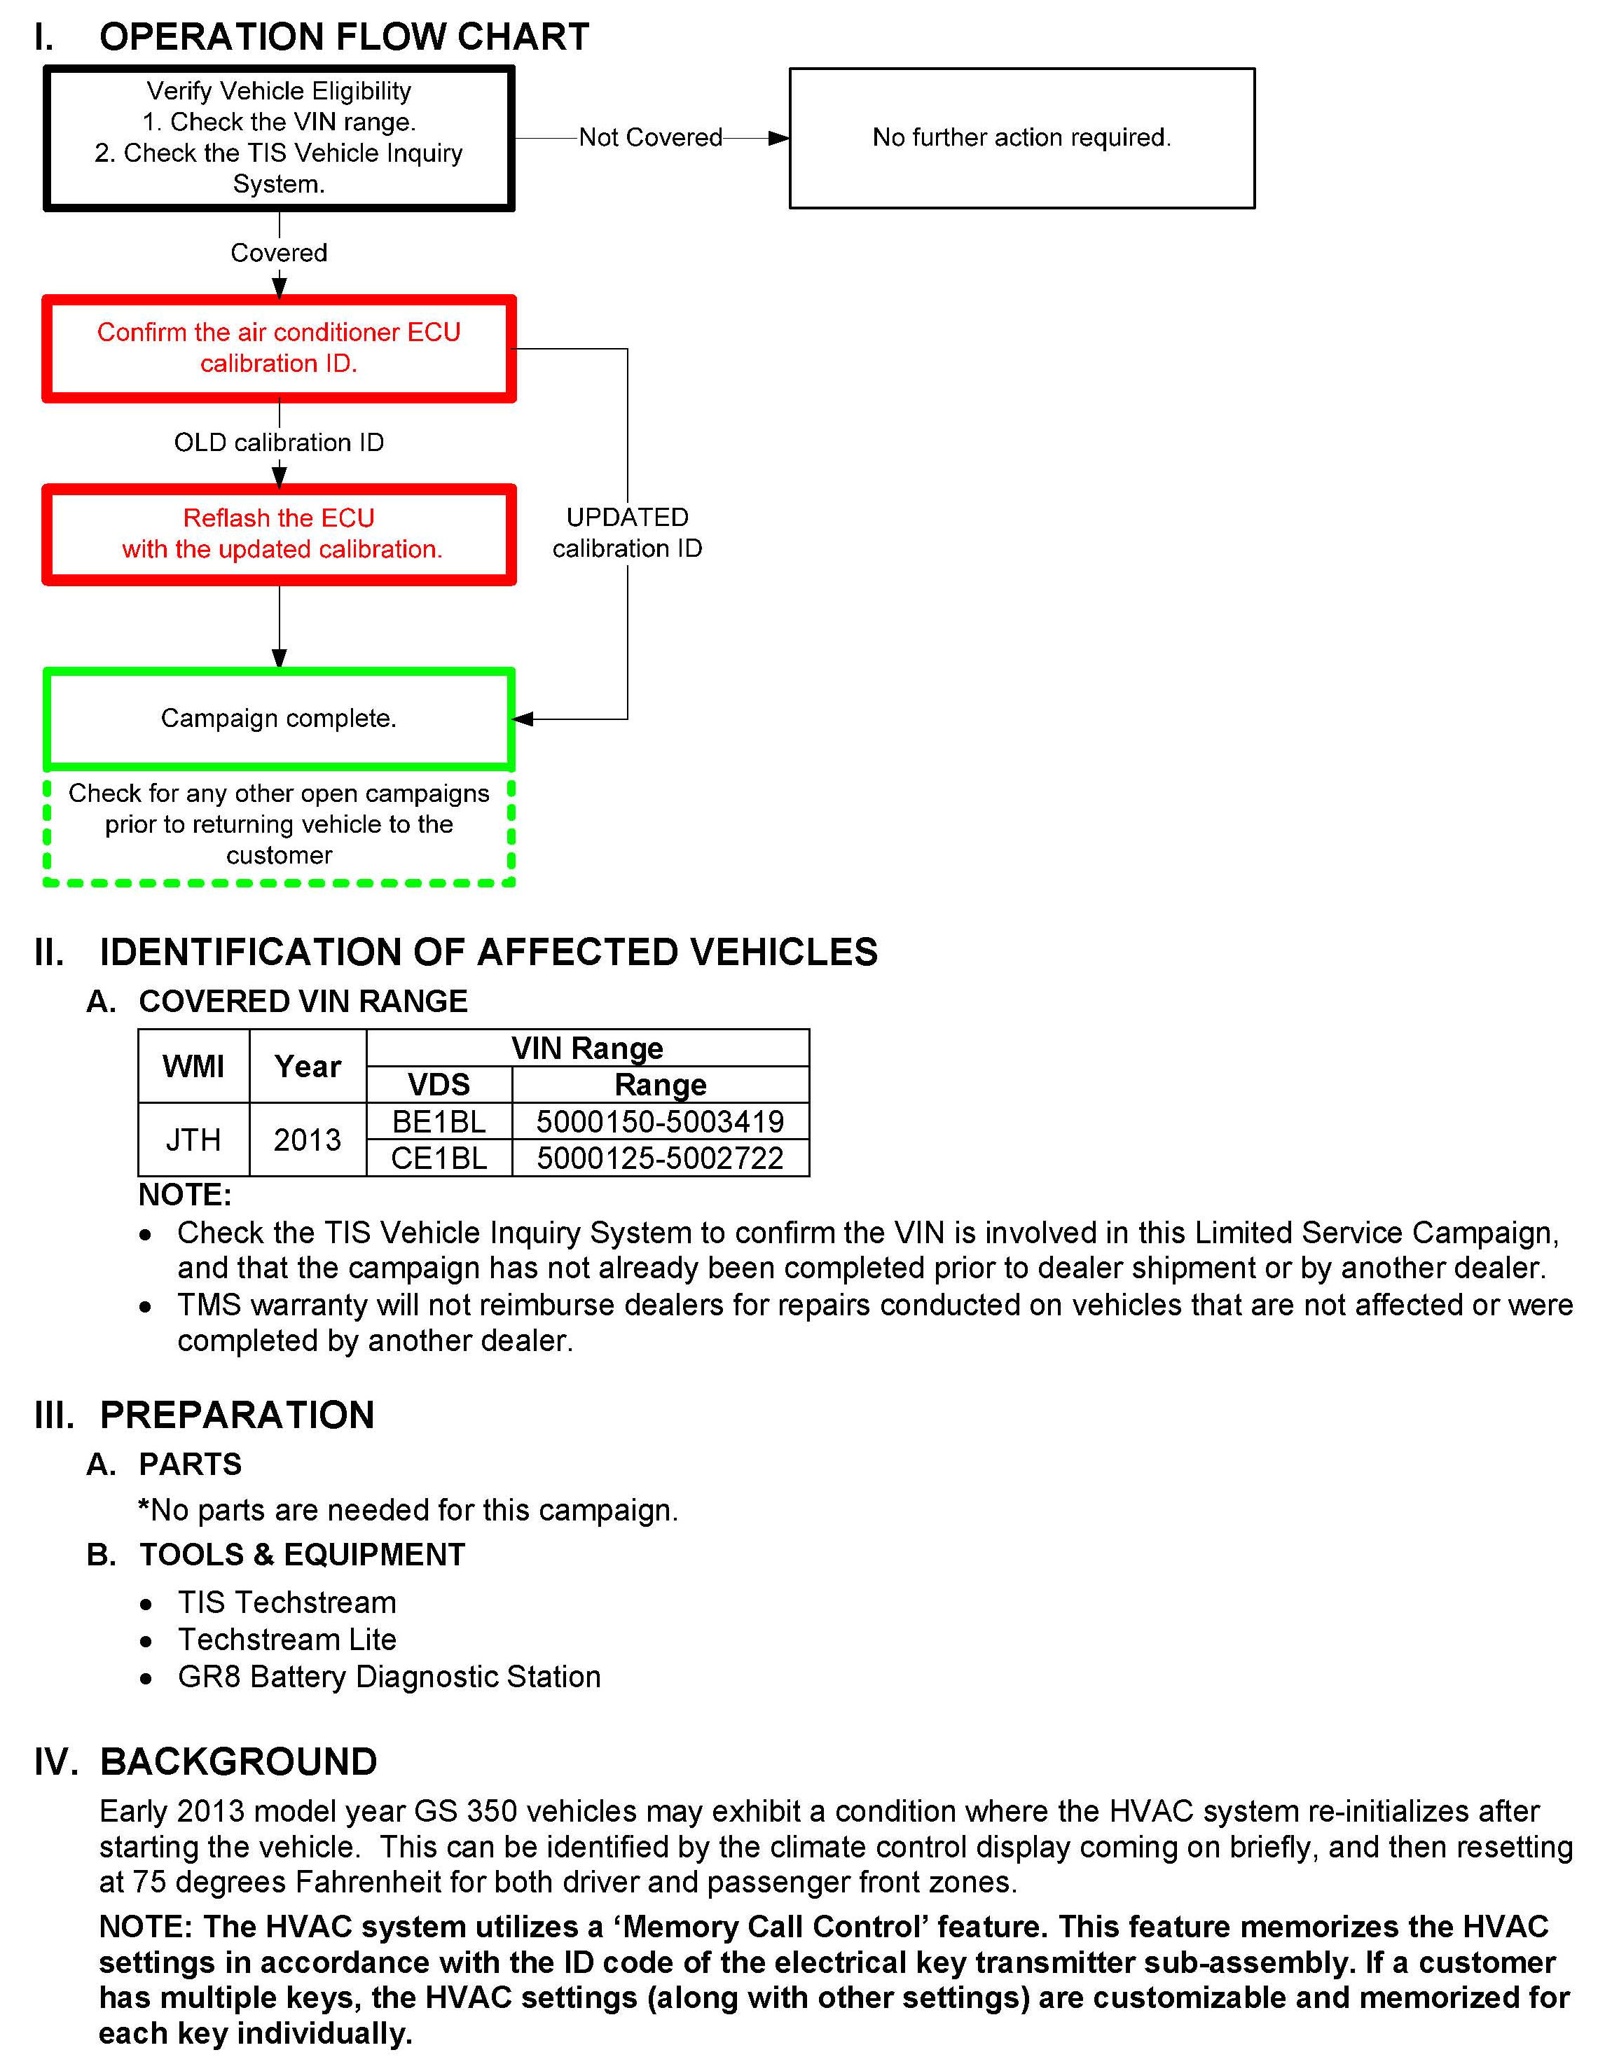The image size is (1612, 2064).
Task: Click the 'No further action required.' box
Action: (1021, 138)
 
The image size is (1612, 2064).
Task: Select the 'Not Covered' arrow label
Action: (650, 138)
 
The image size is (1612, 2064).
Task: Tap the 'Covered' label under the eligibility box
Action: (279, 254)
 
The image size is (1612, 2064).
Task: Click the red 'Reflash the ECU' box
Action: (279, 534)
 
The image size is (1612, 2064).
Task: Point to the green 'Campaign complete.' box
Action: (279, 719)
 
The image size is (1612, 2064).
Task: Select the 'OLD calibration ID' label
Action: (279, 443)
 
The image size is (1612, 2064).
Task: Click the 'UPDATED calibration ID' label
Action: (627, 533)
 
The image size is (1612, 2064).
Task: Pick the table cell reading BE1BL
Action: (439, 1122)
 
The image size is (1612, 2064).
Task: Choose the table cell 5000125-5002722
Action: (660, 1158)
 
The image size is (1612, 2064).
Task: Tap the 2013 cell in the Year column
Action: (308, 1140)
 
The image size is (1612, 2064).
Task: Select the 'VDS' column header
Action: (439, 1084)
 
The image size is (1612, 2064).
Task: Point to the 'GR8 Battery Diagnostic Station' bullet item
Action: (389, 1677)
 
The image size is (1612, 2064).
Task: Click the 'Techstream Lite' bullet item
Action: (287, 1639)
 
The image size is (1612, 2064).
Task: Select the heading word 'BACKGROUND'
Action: (238, 1761)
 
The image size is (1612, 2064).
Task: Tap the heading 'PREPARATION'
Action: (237, 1415)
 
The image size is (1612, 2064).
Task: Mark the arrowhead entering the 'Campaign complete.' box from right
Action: (523, 719)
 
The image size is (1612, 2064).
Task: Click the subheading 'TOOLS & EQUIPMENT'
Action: (302, 1555)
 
